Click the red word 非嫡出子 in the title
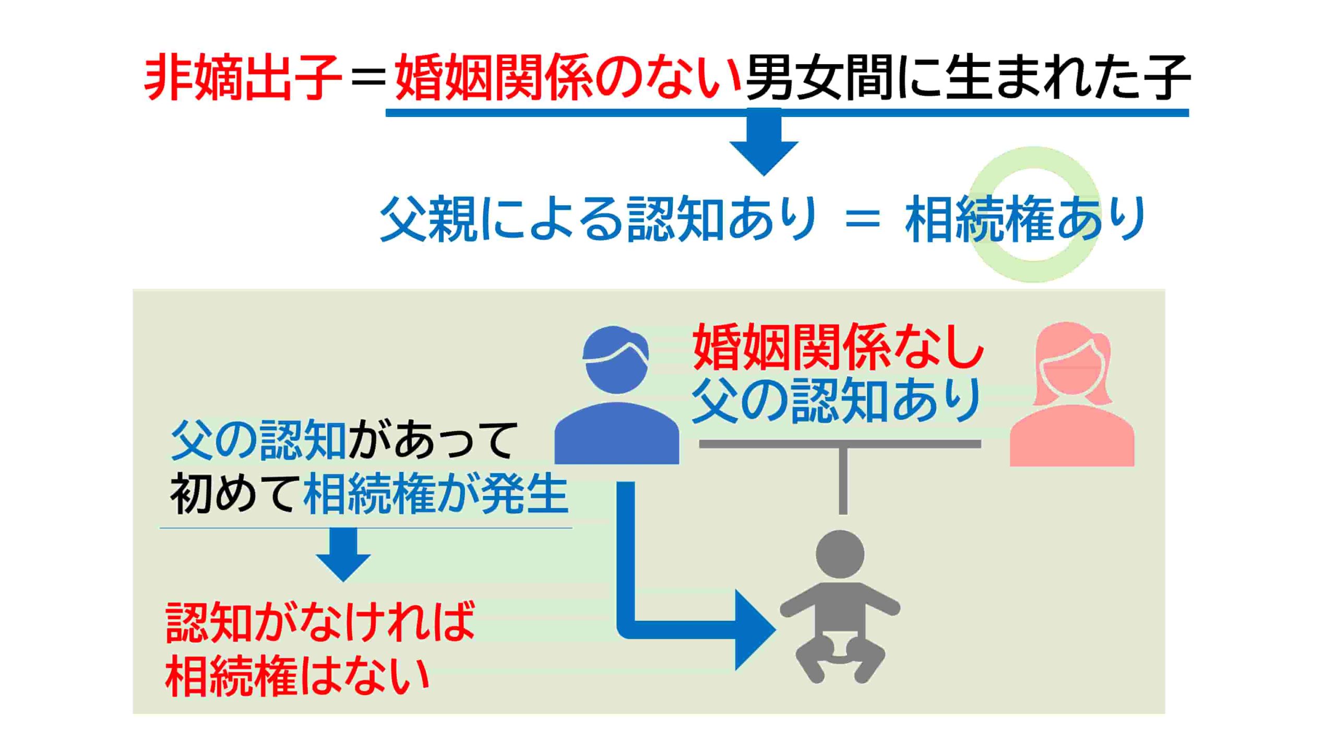pyautogui.click(x=243, y=78)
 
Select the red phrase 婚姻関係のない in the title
pyautogui.click(x=568, y=78)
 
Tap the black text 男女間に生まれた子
pyautogui.click(x=968, y=78)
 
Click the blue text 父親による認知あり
pyautogui.click(x=598, y=218)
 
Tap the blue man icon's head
pyautogui.click(x=616, y=360)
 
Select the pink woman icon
pyautogui.click(x=1072, y=394)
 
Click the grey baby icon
pyautogui.click(x=840, y=606)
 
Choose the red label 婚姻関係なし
pyautogui.click(x=838, y=347)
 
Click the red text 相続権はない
pyautogui.click(x=297, y=675)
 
